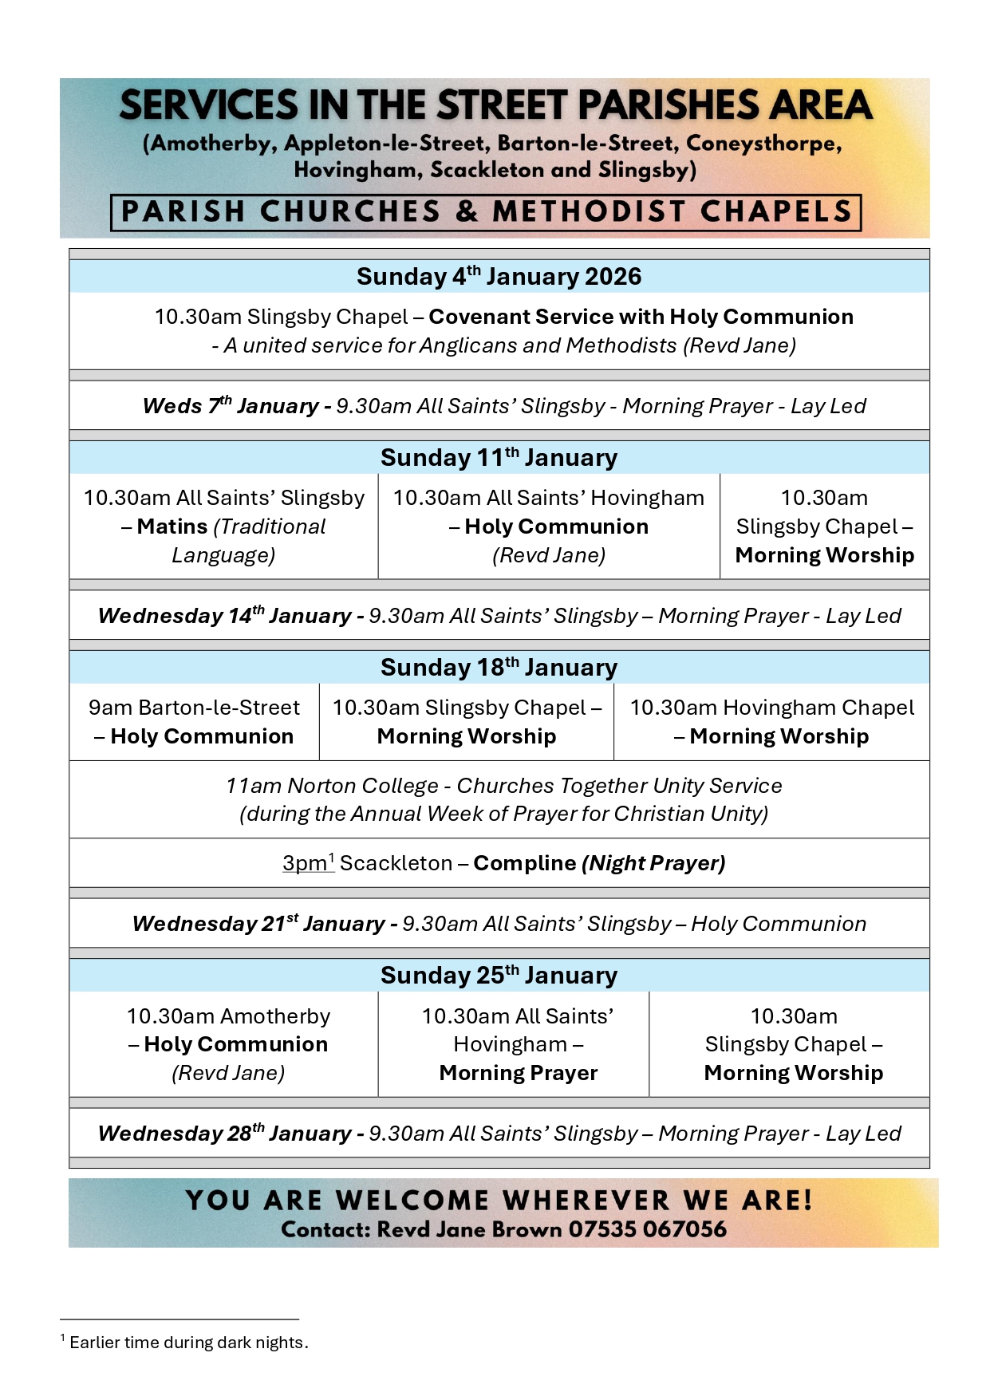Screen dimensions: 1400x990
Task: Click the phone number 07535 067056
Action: (x=647, y=1229)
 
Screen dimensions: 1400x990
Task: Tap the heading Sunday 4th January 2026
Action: (x=499, y=277)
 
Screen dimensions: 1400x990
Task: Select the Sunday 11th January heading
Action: (x=499, y=458)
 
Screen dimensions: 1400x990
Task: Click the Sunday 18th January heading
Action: (x=499, y=668)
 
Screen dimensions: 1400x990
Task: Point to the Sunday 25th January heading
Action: (x=499, y=976)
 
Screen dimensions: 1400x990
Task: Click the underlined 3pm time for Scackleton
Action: (x=305, y=863)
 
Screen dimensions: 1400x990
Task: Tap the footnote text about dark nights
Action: (x=188, y=1343)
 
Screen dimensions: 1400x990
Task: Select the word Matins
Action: (x=172, y=526)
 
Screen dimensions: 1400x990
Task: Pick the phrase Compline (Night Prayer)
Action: (x=599, y=863)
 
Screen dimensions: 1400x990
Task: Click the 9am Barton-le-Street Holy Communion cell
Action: (x=194, y=722)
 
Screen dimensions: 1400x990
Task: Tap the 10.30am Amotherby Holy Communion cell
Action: (x=228, y=1044)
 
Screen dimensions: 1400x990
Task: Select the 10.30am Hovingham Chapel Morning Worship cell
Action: (x=771, y=722)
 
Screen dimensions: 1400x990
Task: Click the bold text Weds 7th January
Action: (x=231, y=406)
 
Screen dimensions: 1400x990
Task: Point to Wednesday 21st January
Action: (x=258, y=924)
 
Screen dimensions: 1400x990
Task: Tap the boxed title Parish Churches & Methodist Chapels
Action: (x=486, y=212)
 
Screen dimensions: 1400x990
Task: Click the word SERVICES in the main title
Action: (x=209, y=106)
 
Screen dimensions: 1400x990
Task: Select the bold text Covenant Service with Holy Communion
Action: (x=641, y=317)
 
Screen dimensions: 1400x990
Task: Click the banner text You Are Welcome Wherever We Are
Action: (x=499, y=1201)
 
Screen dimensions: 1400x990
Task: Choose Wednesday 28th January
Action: (x=224, y=1134)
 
